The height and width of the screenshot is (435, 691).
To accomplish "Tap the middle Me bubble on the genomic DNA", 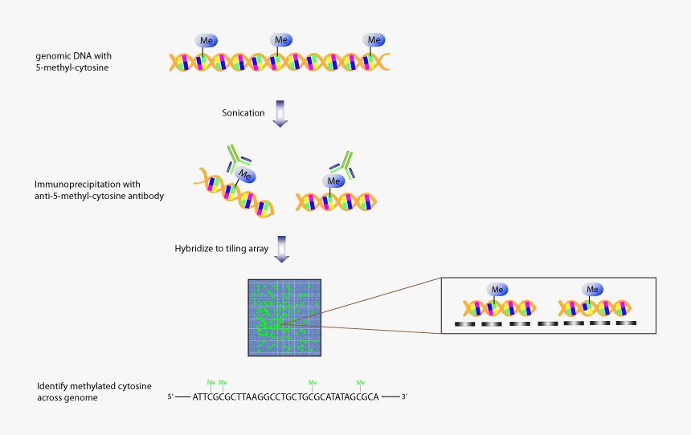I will click(281, 40).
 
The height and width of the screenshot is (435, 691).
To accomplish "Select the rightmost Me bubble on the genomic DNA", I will click(373, 40).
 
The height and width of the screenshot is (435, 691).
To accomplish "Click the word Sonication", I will click(243, 113).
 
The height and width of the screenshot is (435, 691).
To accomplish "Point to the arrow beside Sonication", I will click(280, 113).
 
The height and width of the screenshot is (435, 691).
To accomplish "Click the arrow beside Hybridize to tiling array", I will click(280, 249).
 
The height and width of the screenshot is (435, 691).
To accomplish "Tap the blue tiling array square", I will click(284, 318).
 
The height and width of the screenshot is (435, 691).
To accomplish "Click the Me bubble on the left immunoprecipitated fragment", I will click(247, 176).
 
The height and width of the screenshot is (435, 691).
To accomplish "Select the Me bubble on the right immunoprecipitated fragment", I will click(335, 181).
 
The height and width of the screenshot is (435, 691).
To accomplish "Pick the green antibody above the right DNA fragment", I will click(345, 161).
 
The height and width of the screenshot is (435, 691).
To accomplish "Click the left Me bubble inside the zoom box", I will click(497, 289).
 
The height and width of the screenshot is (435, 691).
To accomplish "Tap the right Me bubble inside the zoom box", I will click(593, 289).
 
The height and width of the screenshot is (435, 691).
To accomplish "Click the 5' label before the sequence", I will click(170, 397).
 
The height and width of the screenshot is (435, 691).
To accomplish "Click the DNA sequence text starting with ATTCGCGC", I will click(285, 396).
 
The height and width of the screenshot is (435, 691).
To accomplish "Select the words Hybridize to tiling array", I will click(222, 249).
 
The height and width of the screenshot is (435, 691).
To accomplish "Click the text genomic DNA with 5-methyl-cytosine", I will click(72, 62).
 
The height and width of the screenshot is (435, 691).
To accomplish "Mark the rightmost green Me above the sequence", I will click(361, 382).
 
